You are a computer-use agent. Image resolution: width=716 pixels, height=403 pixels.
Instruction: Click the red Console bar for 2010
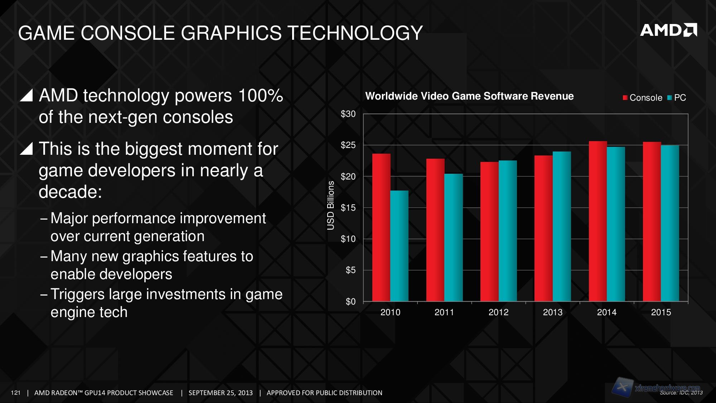381,227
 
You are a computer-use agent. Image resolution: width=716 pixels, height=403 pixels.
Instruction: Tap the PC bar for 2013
562,226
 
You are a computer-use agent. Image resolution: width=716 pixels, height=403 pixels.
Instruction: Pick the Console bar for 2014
598,221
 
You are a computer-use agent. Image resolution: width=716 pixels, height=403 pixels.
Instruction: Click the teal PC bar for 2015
670,223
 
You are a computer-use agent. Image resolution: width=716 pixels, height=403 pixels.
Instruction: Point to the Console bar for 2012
489,231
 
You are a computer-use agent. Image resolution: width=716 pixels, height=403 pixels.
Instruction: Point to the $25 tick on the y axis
348,145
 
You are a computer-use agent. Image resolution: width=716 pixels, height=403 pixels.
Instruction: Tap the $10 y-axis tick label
348,239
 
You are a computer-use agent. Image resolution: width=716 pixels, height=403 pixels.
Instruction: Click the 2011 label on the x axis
444,312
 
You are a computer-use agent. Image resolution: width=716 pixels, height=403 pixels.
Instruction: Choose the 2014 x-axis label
606,312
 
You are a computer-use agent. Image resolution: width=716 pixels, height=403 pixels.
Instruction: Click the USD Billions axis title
331,205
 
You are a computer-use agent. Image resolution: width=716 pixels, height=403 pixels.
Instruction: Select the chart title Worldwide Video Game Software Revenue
469,96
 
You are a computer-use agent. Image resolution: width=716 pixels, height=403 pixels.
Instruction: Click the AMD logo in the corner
668,30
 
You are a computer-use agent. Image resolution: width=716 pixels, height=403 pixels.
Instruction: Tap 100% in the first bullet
260,96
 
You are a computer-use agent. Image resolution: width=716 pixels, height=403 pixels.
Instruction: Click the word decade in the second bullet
70,192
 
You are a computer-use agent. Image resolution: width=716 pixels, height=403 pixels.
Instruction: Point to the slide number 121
16,393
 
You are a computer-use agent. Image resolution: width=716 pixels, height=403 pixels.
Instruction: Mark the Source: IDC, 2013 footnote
681,393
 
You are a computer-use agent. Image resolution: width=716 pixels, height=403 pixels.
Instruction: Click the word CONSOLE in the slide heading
127,33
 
